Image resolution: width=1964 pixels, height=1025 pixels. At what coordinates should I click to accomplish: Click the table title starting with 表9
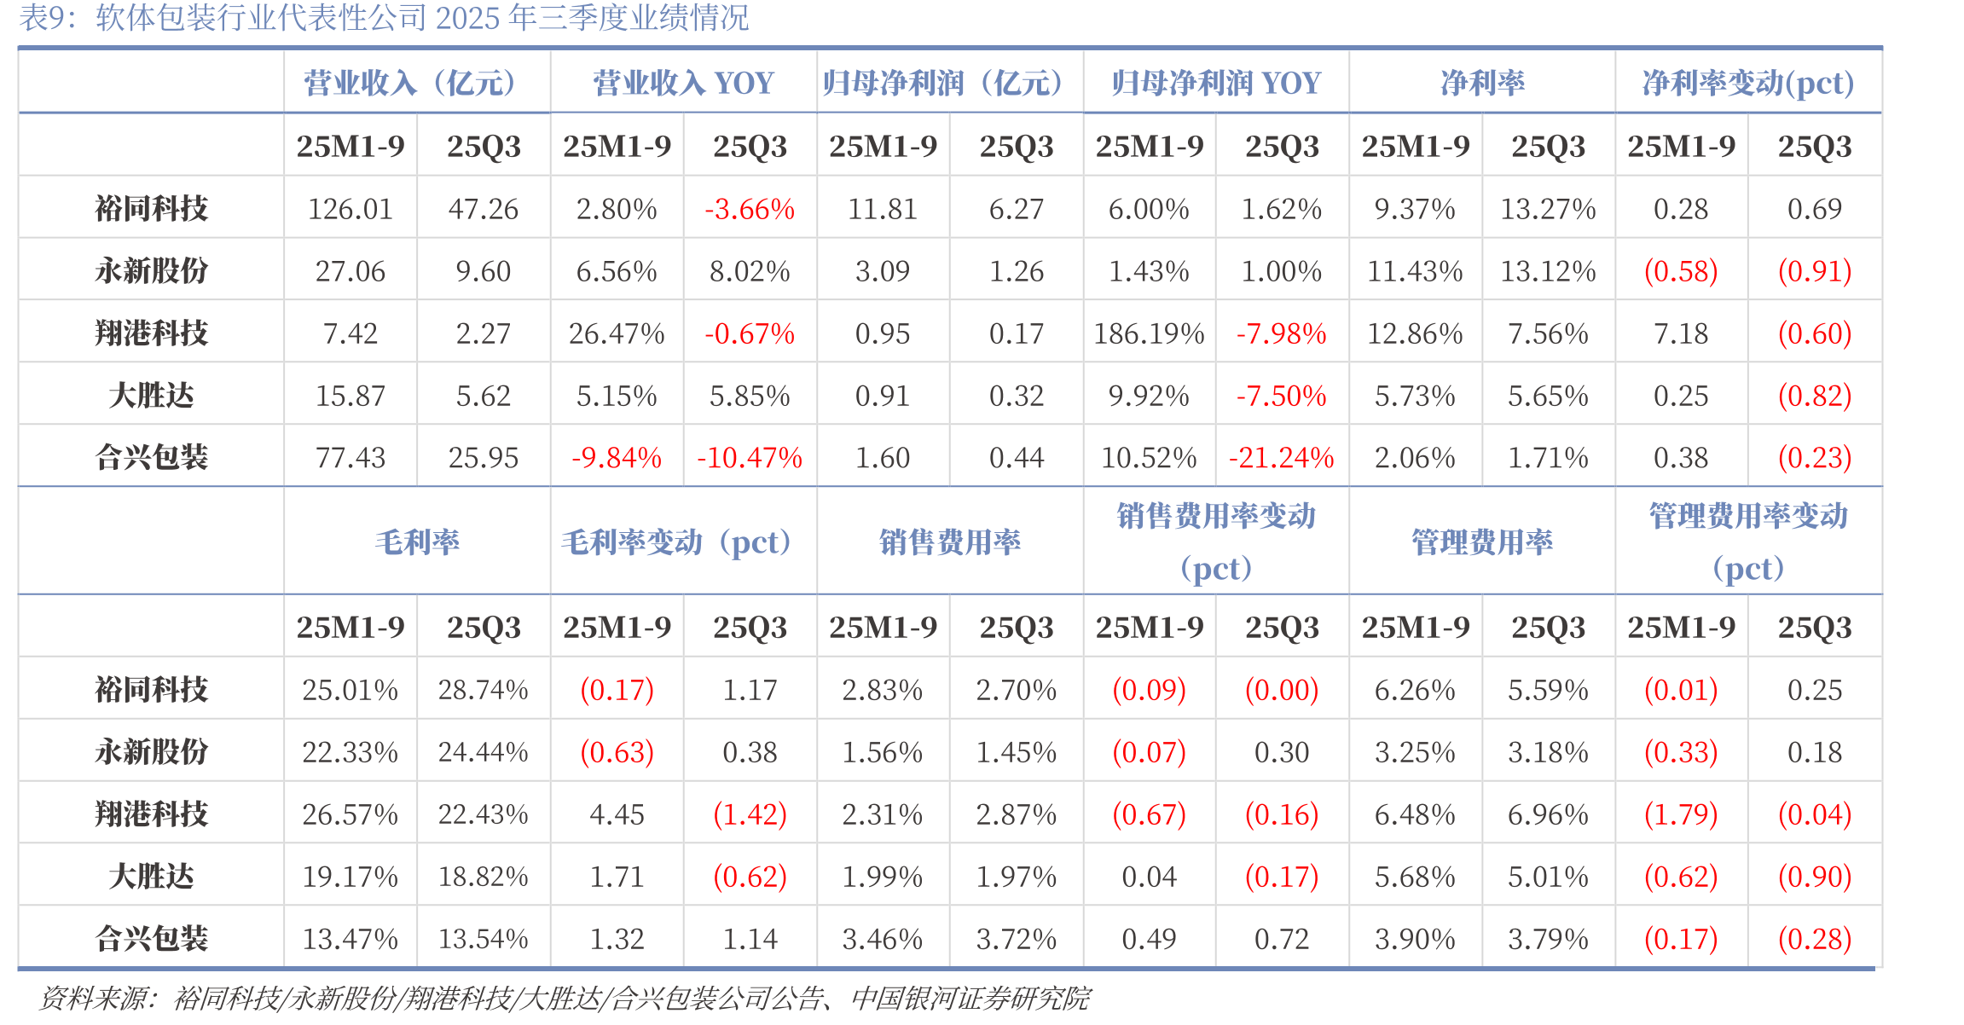pos(384,18)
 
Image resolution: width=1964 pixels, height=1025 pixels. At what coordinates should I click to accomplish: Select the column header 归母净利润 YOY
pos(1216,83)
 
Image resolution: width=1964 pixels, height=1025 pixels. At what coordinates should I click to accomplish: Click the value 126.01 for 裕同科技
pos(351,209)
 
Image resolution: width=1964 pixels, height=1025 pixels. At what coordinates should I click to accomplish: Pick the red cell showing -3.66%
pos(750,209)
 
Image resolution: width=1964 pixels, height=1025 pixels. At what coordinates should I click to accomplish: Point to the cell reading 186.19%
pos(1149,333)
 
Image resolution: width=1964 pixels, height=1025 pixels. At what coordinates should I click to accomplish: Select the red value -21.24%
pos(1282,458)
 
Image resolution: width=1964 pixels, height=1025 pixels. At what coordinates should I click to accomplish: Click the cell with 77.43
pos(351,458)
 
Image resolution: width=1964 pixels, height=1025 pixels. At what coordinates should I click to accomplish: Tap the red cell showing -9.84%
pos(617,458)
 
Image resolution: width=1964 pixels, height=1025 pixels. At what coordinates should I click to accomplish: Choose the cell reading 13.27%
pos(1548,209)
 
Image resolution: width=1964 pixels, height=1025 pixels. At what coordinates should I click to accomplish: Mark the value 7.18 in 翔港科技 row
pos(1681,333)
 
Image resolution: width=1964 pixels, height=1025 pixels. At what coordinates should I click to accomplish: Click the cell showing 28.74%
pos(484,690)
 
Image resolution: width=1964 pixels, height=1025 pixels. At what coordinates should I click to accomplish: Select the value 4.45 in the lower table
pos(617,814)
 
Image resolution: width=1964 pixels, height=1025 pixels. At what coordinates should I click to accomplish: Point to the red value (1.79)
pos(1681,814)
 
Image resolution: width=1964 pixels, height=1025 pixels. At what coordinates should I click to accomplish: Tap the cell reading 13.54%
pos(484,939)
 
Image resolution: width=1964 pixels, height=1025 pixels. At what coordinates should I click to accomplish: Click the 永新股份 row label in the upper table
pos(152,271)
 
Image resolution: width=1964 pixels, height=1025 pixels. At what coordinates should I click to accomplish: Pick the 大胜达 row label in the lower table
pos(152,877)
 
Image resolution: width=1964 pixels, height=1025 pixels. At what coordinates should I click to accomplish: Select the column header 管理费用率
pos(1482,541)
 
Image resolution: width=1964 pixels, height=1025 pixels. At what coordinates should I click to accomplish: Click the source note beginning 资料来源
pos(565,998)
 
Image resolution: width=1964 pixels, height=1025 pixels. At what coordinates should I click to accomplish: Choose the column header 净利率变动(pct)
pos(1748,83)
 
